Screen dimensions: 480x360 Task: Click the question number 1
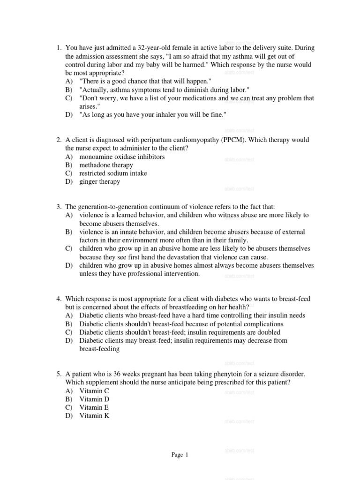click(x=59, y=48)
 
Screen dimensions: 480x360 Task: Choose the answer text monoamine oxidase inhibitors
click(x=122, y=157)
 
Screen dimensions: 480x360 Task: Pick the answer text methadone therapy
click(x=106, y=165)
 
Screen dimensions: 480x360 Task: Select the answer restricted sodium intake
click(x=113, y=173)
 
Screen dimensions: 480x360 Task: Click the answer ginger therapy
click(x=99, y=182)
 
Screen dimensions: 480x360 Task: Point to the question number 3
click(x=59, y=207)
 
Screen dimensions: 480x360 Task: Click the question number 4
click(x=59, y=299)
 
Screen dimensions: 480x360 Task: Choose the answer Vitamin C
click(x=94, y=390)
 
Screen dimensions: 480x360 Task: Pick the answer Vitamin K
click(x=94, y=416)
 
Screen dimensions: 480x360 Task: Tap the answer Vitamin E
click(x=94, y=407)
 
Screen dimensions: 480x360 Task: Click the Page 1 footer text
click(x=180, y=455)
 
